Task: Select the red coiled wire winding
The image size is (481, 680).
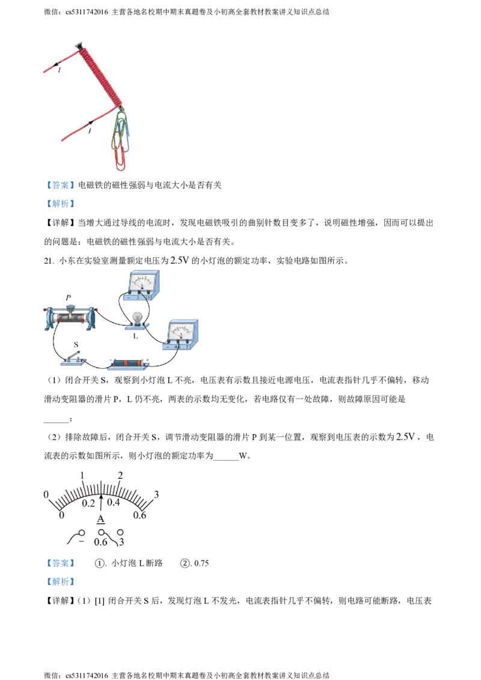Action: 100,74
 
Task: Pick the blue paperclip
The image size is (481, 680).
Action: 126,126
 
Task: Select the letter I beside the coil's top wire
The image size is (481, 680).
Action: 60,71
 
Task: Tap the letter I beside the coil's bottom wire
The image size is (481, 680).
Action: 90,130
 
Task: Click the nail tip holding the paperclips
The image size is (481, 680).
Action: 122,109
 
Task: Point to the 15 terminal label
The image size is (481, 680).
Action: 149,297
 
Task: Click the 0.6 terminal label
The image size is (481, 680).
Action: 177,347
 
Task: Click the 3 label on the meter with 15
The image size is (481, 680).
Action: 138,297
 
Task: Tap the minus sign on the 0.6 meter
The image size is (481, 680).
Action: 167,347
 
